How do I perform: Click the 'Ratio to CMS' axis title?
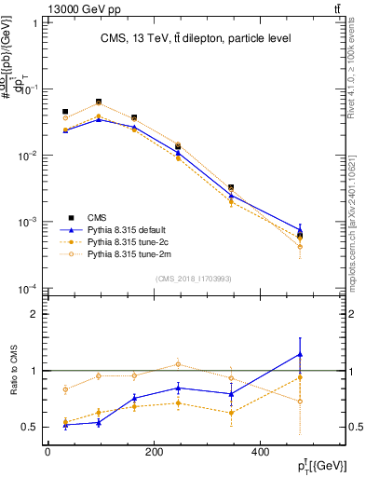coord(14,371)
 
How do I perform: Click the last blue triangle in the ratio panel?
coord(324,354)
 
